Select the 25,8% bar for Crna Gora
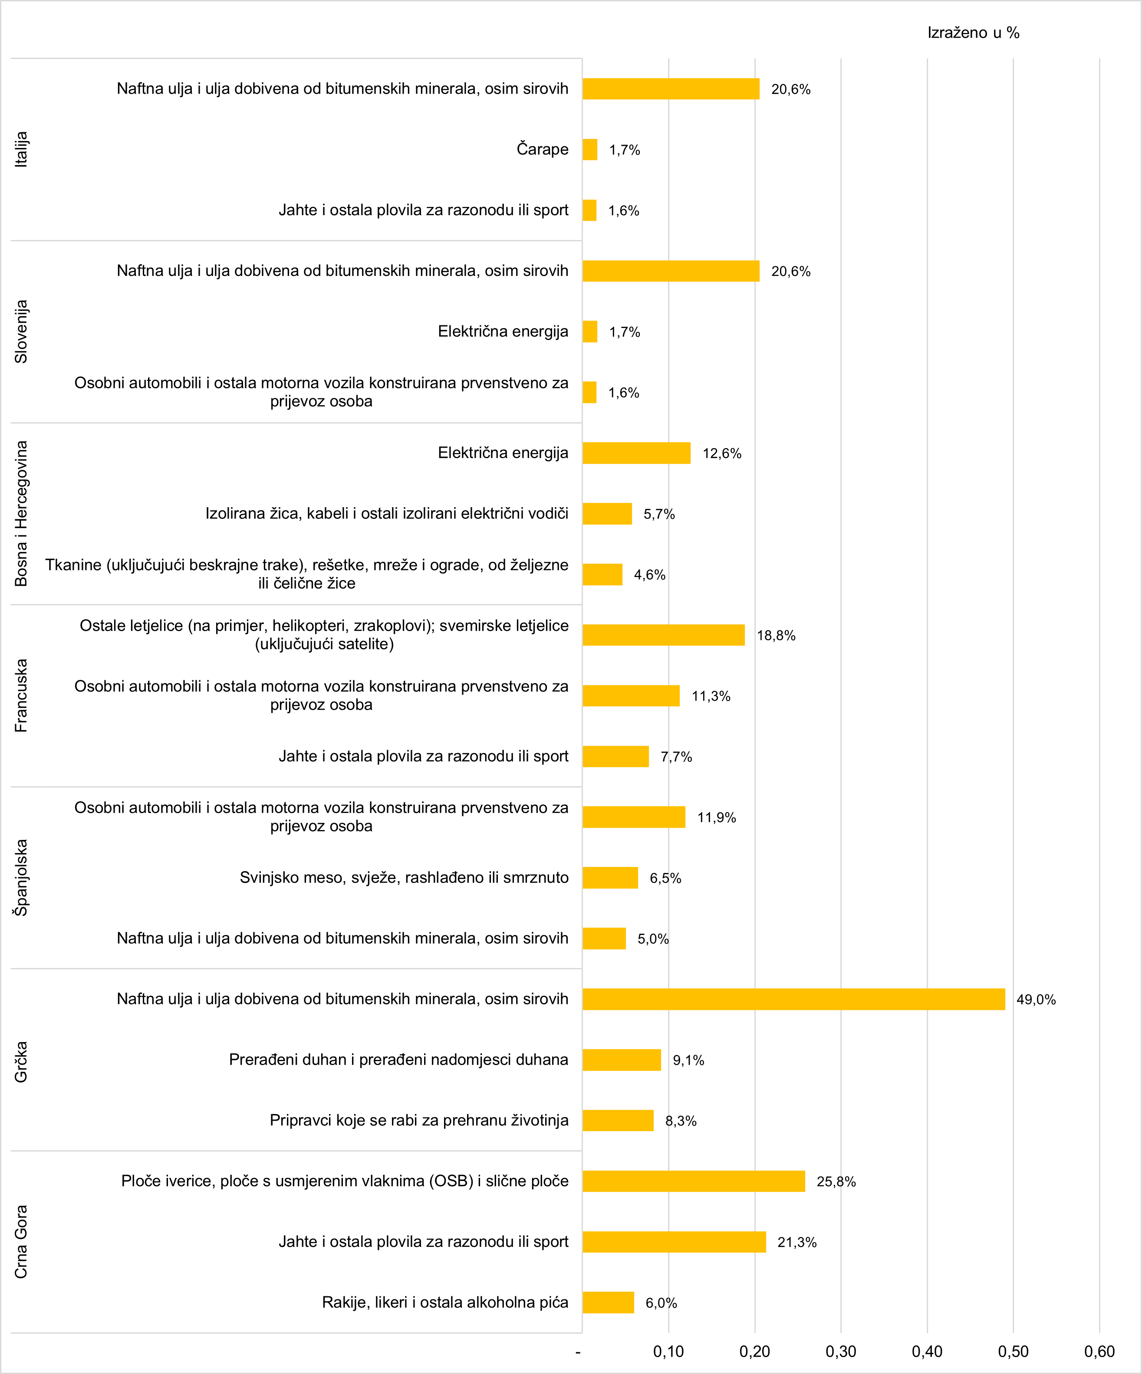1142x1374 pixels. point(694,1181)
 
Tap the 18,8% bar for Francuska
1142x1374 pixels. point(664,635)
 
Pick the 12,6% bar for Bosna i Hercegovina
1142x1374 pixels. point(636,453)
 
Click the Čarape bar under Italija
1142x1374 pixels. point(589,149)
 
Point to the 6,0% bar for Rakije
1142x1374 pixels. point(608,1302)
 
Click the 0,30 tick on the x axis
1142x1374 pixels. point(841,1351)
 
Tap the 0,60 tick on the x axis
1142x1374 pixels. point(1099,1351)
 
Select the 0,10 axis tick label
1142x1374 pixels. point(668,1351)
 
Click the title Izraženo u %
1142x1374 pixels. point(973,33)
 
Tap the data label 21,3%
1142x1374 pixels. point(796,1242)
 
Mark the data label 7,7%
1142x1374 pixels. point(676,756)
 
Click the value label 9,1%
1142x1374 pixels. point(688,1060)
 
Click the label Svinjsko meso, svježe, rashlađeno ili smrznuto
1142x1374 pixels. point(404,877)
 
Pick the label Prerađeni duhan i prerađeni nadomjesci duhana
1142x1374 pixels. point(398,1059)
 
